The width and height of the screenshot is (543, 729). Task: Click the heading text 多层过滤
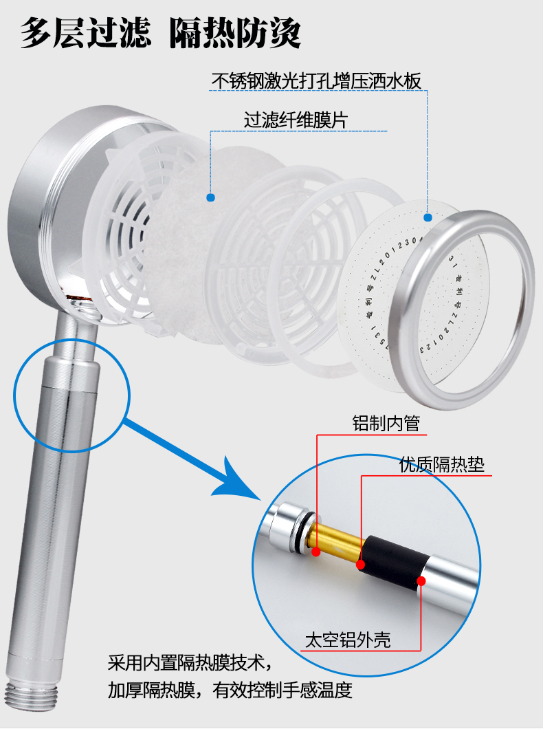(87, 32)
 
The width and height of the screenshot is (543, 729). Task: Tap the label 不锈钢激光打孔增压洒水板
(315, 80)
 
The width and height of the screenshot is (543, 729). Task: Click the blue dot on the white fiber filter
(211, 197)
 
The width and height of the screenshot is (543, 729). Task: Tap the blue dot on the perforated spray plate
(428, 217)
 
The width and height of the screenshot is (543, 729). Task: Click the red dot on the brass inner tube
(315, 551)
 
